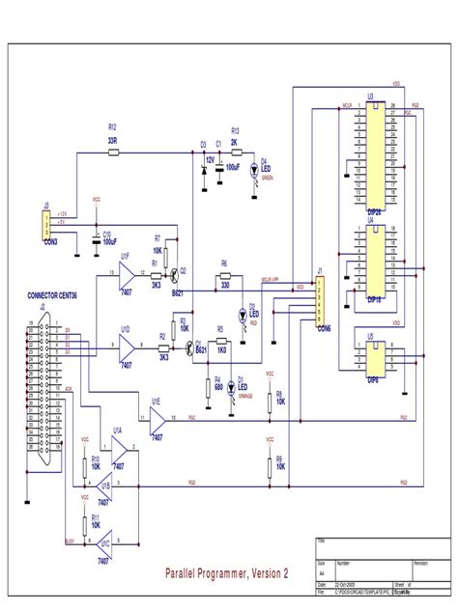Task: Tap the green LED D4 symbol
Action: pos(253,171)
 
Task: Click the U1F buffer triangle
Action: pos(127,274)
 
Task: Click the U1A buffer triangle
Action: pos(121,447)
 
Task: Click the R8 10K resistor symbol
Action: pos(269,397)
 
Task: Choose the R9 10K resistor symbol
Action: pos(269,466)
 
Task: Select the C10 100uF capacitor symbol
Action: pos(95,238)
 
